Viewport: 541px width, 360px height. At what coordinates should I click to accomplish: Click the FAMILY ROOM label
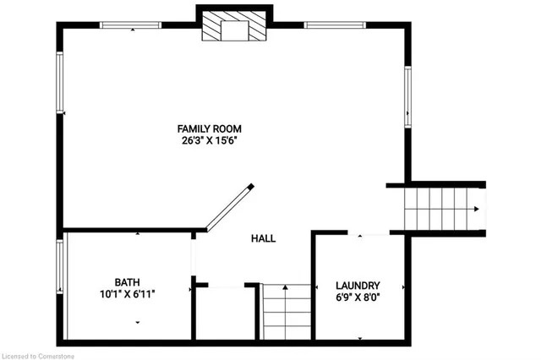[209, 128]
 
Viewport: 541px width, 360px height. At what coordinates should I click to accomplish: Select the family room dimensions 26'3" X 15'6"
[210, 140]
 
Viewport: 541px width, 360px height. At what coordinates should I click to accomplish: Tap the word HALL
[263, 238]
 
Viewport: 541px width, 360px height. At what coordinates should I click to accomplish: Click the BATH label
[128, 282]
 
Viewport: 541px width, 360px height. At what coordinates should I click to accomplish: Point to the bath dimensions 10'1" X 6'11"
[128, 294]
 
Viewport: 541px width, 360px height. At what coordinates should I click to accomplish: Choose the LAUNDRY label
[358, 286]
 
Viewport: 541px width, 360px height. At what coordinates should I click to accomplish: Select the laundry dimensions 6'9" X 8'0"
[358, 297]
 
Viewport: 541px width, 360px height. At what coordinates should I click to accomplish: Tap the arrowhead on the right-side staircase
[477, 209]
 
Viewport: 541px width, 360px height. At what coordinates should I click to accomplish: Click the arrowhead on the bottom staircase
[285, 286]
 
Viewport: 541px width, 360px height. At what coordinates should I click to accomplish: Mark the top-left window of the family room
[130, 25]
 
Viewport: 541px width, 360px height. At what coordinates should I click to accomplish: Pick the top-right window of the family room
[335, 25]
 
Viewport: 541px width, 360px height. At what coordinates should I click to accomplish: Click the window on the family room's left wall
[60, 83]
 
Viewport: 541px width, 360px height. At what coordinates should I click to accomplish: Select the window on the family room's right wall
[407, 97]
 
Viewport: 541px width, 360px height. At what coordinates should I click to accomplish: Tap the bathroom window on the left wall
[60, 267]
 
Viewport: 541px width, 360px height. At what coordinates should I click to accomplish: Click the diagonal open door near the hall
[230, 208]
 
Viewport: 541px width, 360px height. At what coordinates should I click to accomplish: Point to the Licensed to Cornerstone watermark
[37, 357]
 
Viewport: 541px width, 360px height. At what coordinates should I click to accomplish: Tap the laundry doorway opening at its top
[369, 233]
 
